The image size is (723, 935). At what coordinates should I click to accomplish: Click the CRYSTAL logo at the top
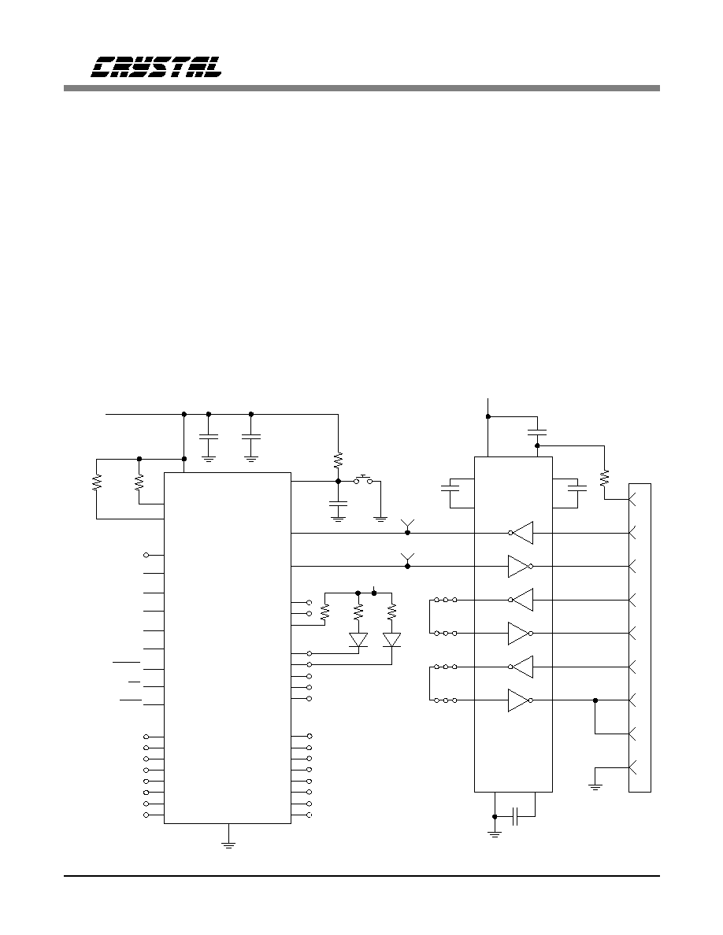pyautogui.click(x=156, y=67)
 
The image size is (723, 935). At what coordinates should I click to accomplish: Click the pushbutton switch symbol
pyautogui.click(x=363, y=479)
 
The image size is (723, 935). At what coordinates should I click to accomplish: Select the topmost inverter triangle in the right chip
pyautogui.click(x=521, y=533)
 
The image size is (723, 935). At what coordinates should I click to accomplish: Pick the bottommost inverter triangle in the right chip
pyautogui.click(x=520, y=700)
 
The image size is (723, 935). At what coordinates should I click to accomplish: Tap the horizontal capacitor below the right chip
pyautogui.click(x=517, y=816)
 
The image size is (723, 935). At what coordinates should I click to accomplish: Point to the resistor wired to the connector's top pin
pyautogui.click(x=604, y=477)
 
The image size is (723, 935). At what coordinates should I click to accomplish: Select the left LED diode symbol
pyautogui.click(x=358, y=640)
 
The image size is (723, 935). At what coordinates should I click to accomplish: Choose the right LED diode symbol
pyautogui.click(x=391, y=640)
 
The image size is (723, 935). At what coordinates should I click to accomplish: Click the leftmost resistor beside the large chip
pyautogui.click(x=97, y=482)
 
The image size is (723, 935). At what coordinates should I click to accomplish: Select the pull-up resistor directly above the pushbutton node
pyautogui.click(x=338, y=460)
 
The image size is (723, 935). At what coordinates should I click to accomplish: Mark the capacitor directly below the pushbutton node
pyautogui.click(x=338, y=504)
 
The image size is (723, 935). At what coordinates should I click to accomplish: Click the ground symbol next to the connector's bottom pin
pyautogui.click(x=595, y=786)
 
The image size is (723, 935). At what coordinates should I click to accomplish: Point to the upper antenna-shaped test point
pyautogui.click(x=407, y=524)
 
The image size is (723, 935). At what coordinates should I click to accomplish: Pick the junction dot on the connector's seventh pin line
pyautogui.click(x=595, y=700)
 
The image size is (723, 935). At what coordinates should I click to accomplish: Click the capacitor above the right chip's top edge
pyautogui.click(x=537, y=432)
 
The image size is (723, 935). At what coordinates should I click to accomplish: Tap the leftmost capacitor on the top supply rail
pyautogui.click(x=208, y=437)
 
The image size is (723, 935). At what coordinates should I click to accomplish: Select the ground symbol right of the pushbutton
pyautogui.click(x=380, y=518)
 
